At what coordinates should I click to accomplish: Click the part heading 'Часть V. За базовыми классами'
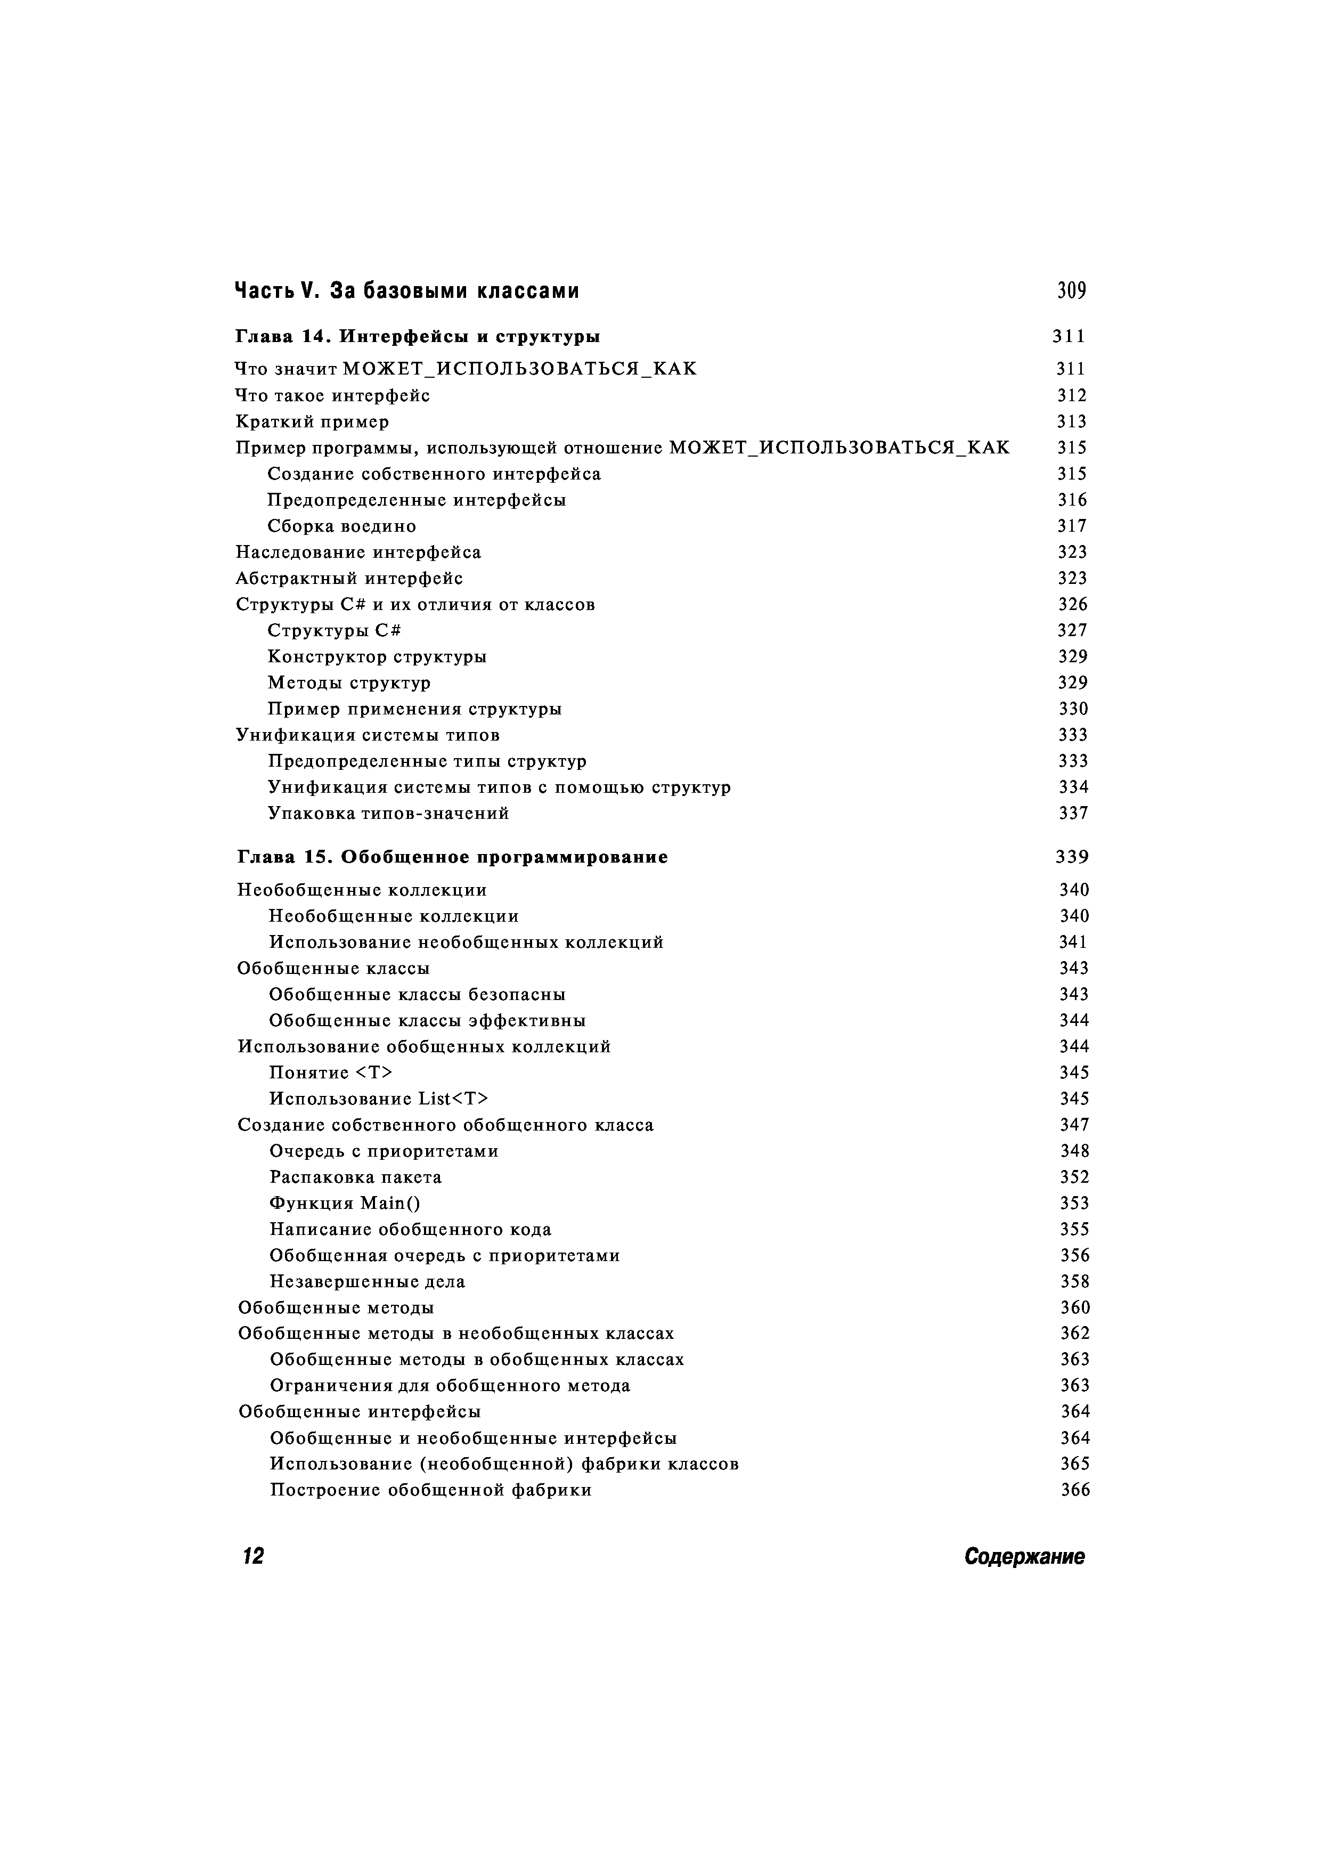[x=407, y=290]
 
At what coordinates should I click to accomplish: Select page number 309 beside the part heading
[x=1071, y=290]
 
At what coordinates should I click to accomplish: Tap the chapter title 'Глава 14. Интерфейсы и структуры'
[x=418, y=336]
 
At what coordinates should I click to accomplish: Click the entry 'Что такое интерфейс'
[x=332, y=396]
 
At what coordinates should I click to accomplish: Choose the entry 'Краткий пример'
[x=312, y=421]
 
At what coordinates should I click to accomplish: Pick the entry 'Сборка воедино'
[x=342, y=526]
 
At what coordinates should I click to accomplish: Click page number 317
[x=1072, y=526]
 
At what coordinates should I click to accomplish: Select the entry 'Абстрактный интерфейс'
[x=349, y=578]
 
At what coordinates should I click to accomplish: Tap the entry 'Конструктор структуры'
[x=377, y=656]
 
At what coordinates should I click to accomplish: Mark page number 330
[x=1073, y=708]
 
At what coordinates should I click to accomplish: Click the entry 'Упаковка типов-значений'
[x=389, y=812]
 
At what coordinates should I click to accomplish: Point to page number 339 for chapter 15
[x=1072, y=857]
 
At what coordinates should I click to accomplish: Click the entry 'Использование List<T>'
[x=379, y=1098]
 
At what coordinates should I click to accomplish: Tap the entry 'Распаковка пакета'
[x=356, y=1176]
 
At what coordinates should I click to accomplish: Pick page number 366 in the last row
[x=1074, y=1490]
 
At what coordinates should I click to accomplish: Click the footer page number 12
[x=253, y=1556]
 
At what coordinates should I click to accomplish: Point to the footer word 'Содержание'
[x=1024, y=1556]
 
